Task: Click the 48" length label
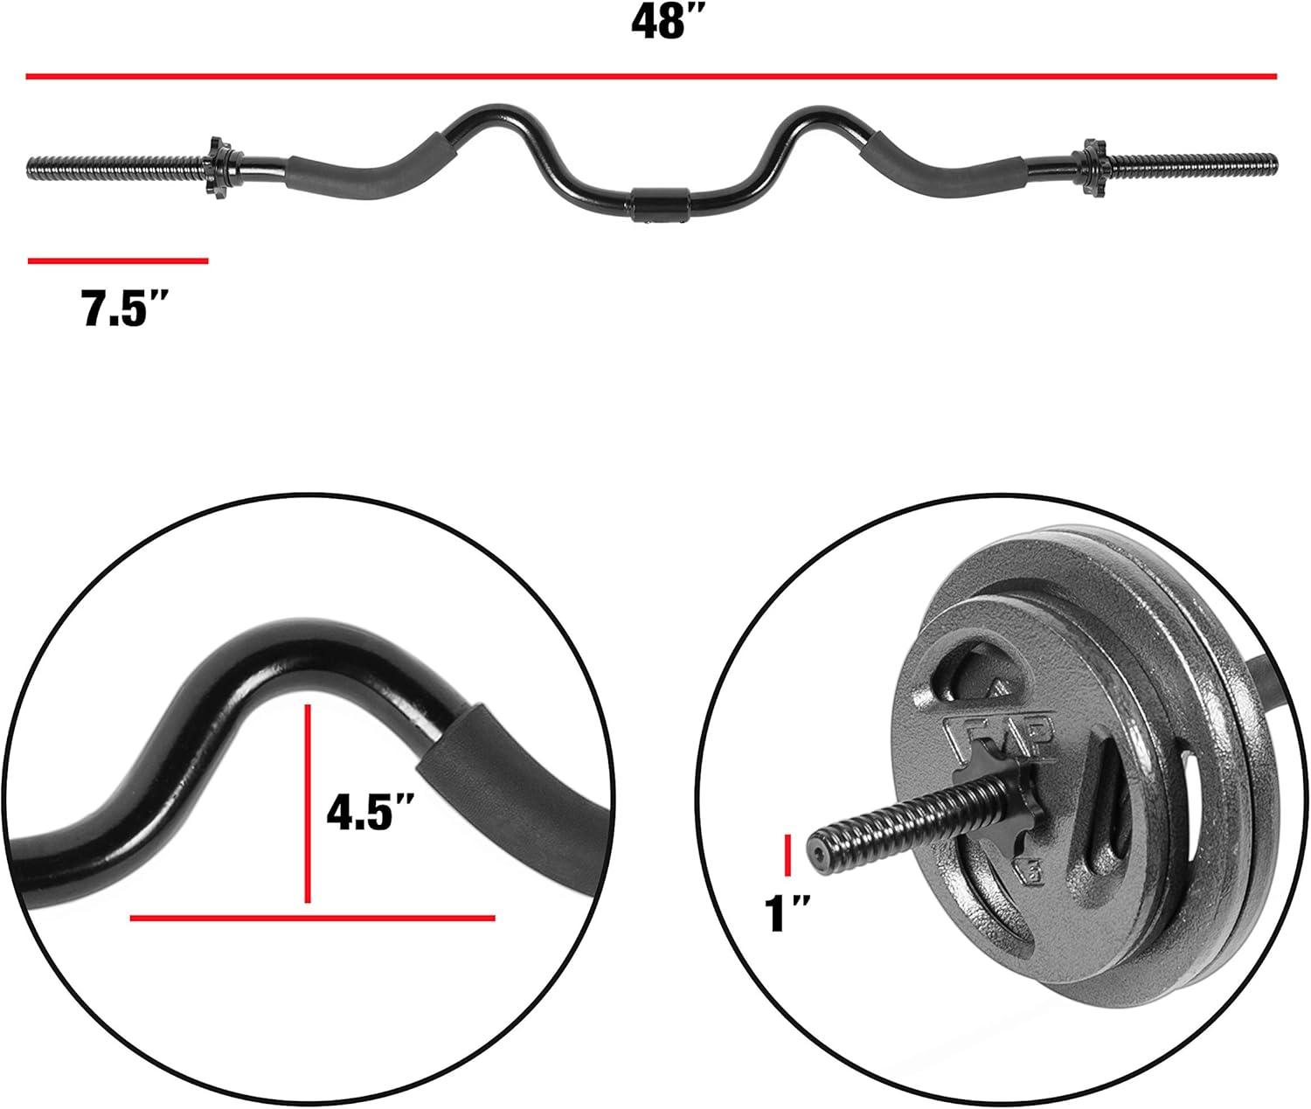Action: (664, 24)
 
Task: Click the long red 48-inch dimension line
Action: (651, 77)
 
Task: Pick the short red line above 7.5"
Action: (118, 260)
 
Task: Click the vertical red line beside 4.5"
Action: (308, 803)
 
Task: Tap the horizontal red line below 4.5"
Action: (312, 918)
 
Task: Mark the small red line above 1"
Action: (787, 856)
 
